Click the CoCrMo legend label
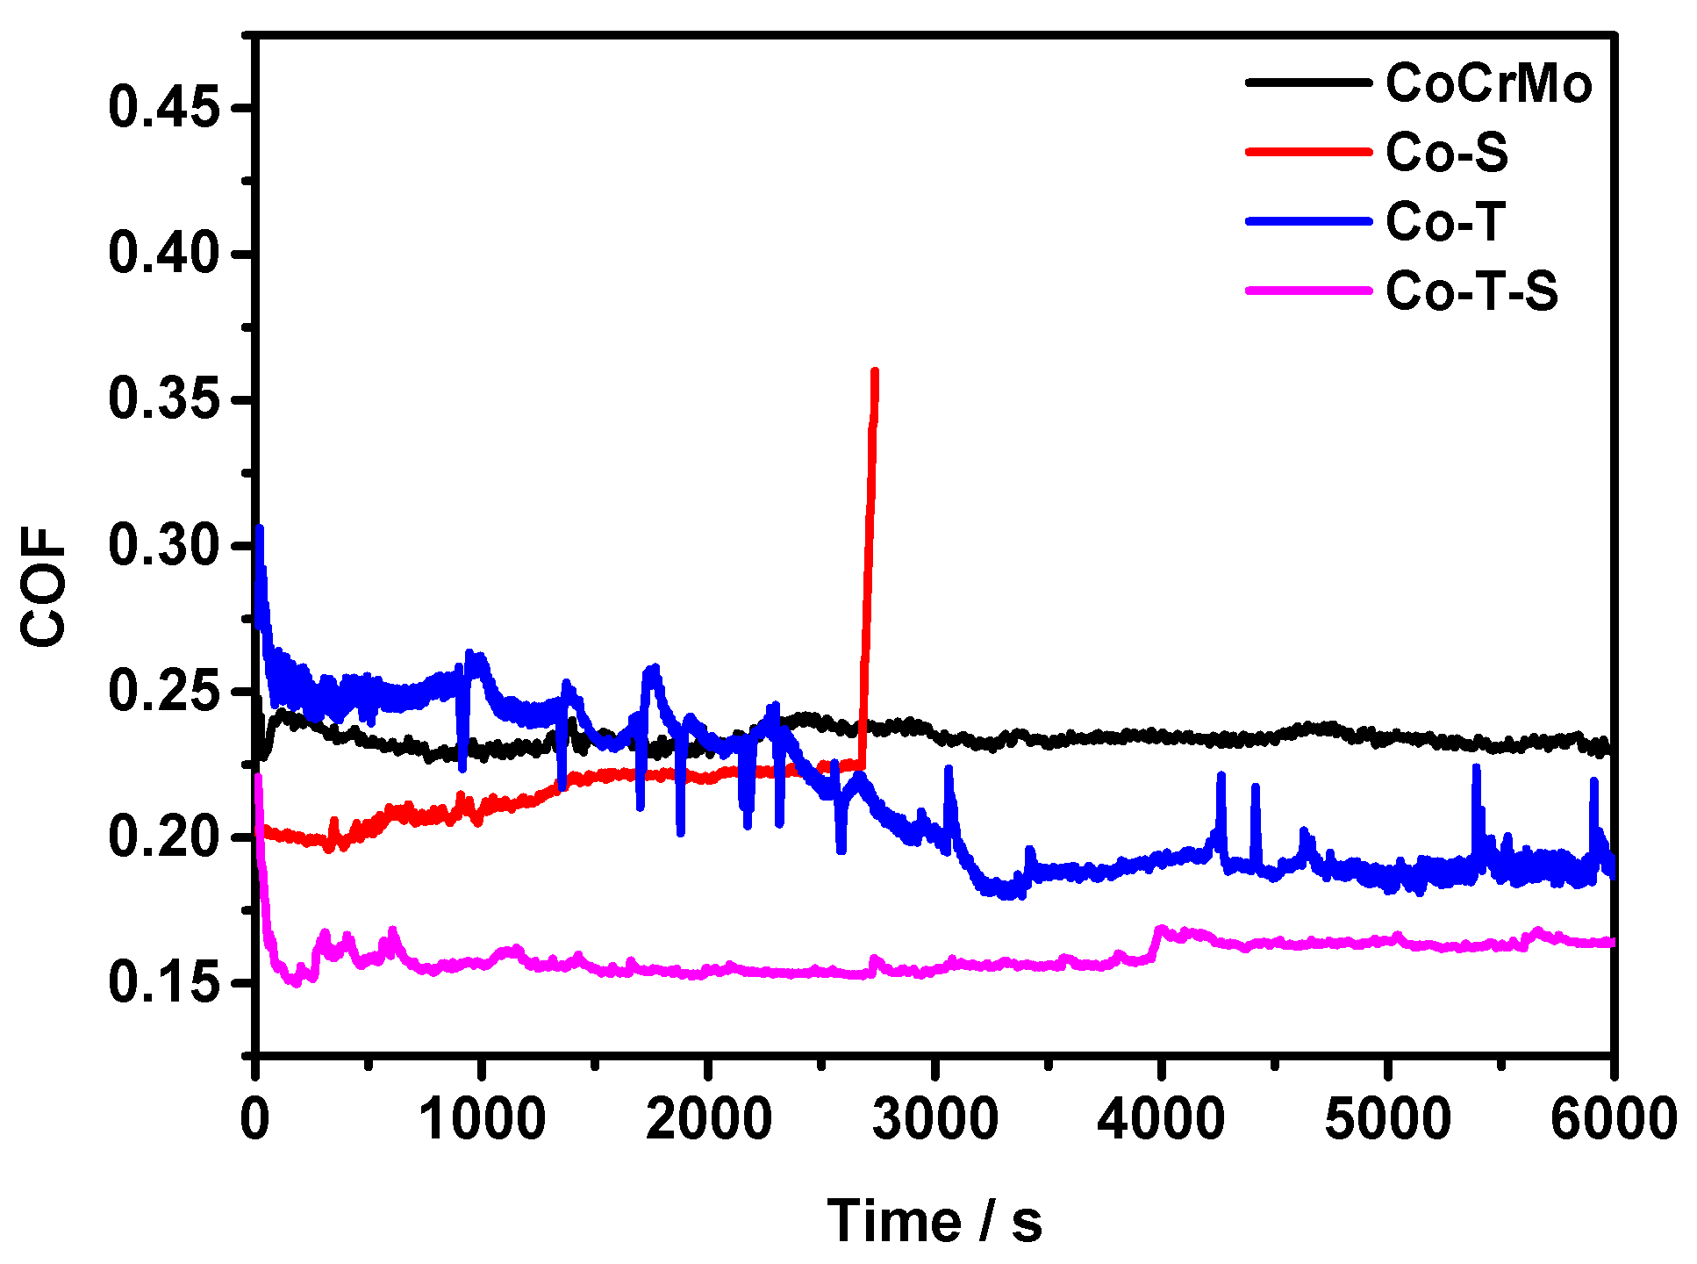[1488, 84]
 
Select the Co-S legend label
[1446, 153]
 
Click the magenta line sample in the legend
[1307, 290]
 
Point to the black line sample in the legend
[1307, 83]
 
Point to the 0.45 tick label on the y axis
[163, 108]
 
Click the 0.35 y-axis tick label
[163, 399]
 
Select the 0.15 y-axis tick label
[163, 982]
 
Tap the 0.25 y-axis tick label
[163, 691]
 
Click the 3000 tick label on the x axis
[934, 1120]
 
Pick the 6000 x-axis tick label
[1613, 1120]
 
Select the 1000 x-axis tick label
[482, 1120]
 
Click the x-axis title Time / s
[934, 1221]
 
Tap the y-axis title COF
[44, 586]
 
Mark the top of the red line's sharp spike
[874, 372]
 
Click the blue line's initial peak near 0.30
[259, 528]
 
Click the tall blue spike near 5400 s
[1476, 768]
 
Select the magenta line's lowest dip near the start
[296, 982]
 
